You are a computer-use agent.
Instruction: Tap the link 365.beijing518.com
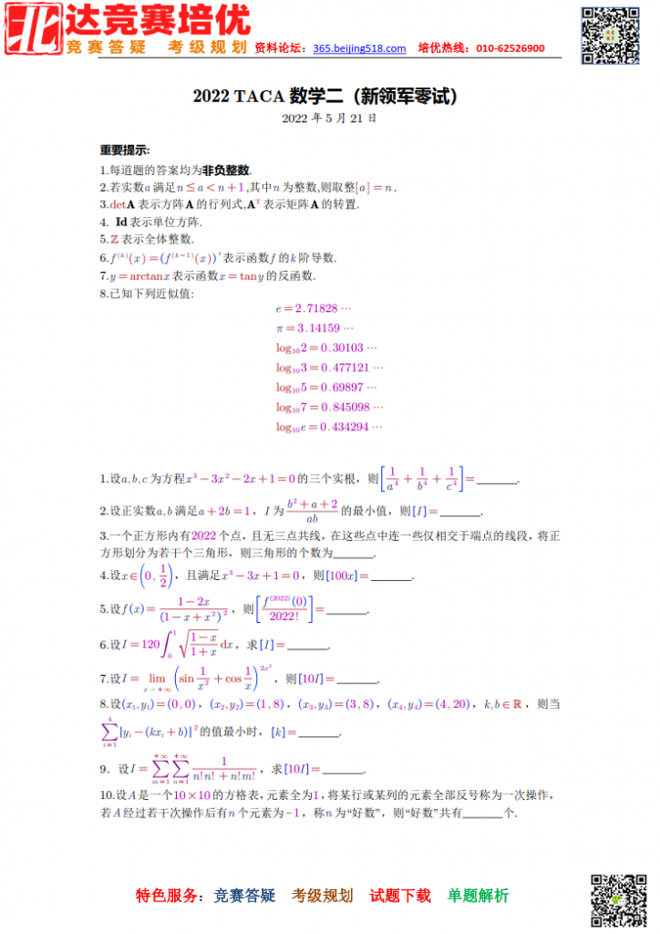[359, 48]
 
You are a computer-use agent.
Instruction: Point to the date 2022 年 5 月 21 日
[329, 119]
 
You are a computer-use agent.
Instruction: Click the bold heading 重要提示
[125, 150]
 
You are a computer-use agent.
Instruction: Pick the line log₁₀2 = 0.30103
[326, 348]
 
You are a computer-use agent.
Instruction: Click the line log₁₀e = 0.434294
[329, 427]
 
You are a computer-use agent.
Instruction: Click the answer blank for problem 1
[498, 480]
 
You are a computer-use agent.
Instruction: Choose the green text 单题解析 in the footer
[478, 896]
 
